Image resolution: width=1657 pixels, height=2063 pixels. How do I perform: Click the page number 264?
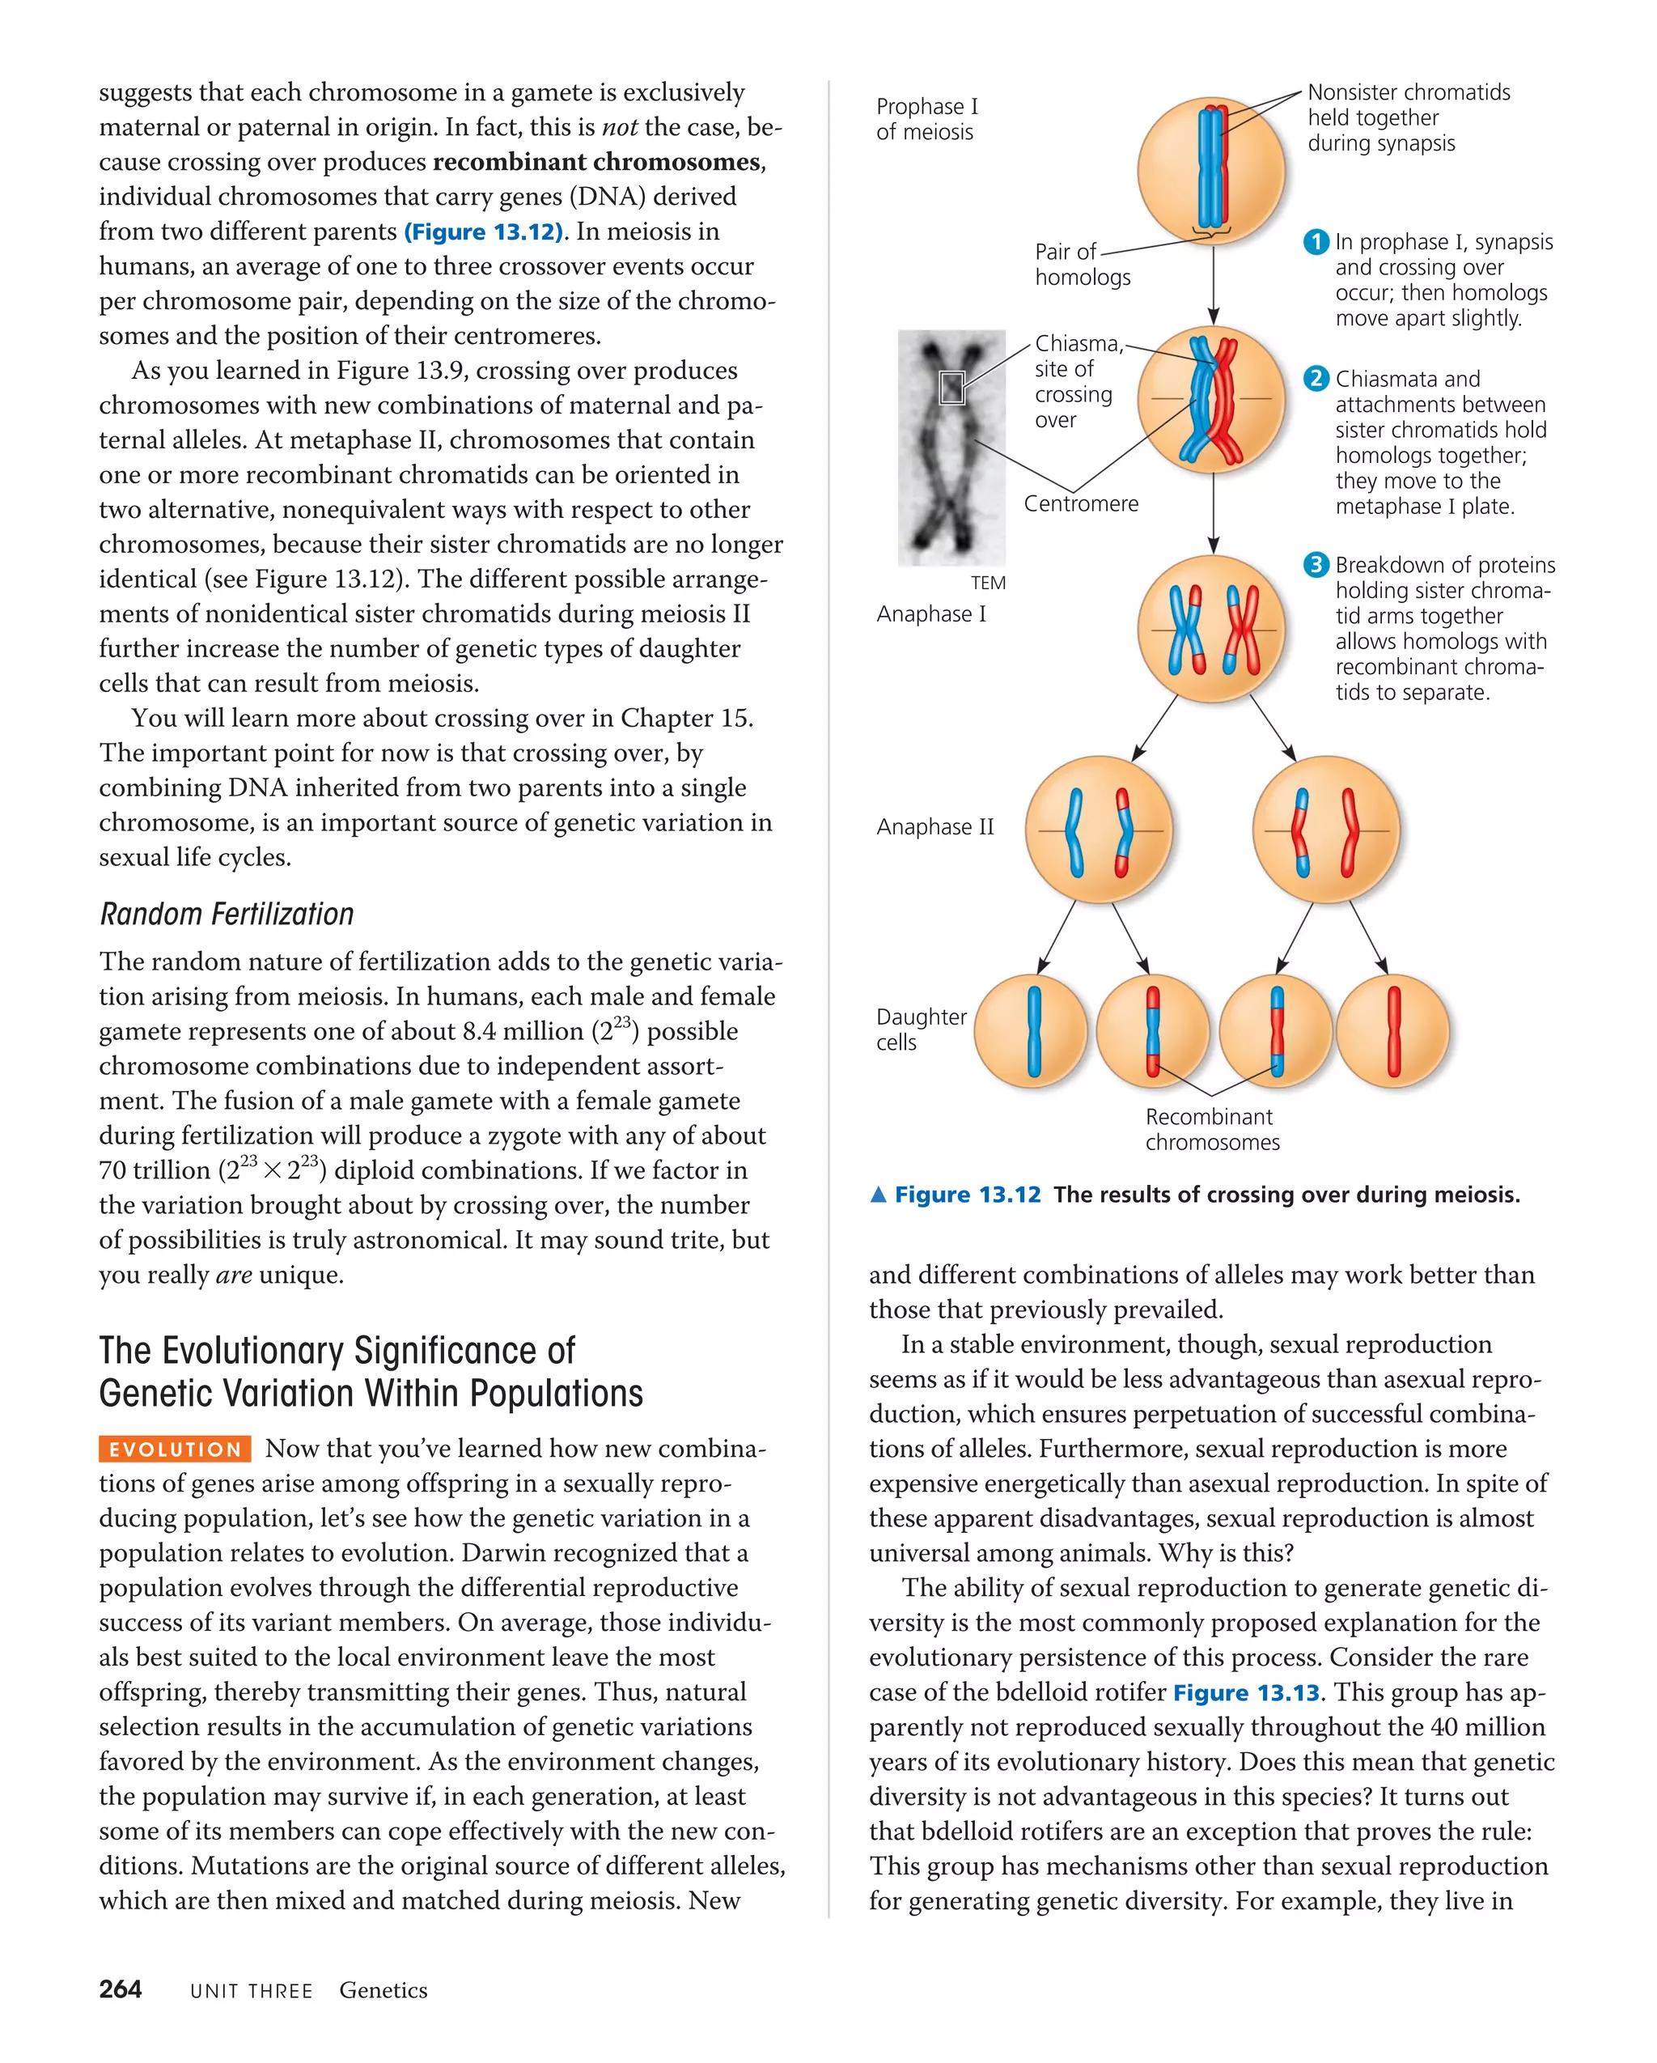121,1989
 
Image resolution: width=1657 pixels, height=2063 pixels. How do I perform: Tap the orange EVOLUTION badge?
175,1449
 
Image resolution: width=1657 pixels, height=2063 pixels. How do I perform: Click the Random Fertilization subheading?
227,914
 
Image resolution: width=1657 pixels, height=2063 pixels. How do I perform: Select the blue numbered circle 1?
1316,242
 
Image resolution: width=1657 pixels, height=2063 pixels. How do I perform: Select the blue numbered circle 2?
1316,379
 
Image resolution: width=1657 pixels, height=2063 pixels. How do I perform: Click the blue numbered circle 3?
1316,565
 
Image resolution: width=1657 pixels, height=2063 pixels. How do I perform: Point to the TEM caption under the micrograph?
987,583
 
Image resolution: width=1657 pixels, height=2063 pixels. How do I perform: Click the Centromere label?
1081,504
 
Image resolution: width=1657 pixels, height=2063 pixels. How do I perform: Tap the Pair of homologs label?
1081,264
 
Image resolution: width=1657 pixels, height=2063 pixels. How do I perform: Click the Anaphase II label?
934,826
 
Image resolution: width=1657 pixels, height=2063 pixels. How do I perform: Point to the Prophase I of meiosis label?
926,120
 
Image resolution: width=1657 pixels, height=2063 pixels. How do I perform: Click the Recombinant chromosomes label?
1211,1129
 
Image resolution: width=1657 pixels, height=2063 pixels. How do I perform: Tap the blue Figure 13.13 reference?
1246,1692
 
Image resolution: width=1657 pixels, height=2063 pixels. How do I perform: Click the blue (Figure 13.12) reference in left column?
484,231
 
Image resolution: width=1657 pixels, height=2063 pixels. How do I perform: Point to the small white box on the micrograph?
951,388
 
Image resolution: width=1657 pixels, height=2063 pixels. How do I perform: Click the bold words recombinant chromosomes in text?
597,162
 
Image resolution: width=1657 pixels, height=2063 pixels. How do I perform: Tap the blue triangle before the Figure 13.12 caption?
878,1194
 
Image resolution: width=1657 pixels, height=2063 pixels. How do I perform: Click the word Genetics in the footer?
383,1990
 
